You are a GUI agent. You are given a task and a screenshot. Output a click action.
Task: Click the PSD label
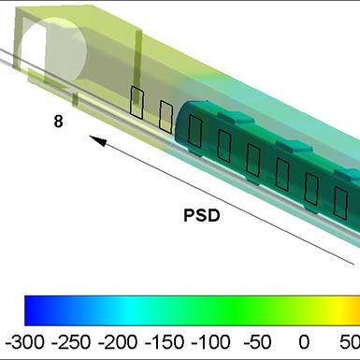[202, 215]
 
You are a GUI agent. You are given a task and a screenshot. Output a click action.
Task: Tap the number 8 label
[58, 122]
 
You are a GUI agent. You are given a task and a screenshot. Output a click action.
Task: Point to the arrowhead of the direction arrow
[97, 140]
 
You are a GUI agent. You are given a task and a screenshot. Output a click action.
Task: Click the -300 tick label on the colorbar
[25, 342]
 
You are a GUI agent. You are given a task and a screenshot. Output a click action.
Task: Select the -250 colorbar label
[71, 342]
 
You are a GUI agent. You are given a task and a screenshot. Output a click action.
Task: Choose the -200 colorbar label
[118, 342]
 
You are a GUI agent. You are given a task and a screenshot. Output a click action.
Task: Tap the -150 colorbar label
[165, 342]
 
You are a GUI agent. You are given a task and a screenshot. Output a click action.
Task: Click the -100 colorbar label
[210, 342]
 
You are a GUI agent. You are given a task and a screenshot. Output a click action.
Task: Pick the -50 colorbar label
[257, 342]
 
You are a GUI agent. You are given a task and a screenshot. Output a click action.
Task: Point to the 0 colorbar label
[304, 342]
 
